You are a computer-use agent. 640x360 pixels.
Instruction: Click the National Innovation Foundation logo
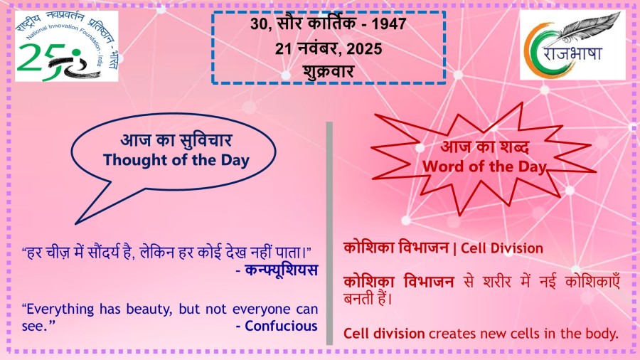(x=67, y=46)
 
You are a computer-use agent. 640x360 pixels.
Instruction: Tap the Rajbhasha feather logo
(x=572, y=45)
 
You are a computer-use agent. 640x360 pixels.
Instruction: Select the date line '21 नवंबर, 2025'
(x=329, y=49)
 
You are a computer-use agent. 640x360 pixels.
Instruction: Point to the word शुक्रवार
(x=329, y=71)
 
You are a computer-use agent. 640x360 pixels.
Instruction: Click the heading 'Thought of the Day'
(x=176, y=160)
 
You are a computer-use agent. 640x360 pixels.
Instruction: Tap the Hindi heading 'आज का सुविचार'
(x=176, y=140)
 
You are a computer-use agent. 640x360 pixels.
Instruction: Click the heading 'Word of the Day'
(x=484, y=166)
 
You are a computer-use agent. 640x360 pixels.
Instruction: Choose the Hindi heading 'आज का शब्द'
(x=485, y=147)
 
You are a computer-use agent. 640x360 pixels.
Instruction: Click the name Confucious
(x=281, y=326)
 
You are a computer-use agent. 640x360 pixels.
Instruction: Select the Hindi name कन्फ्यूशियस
(x=281, y=270)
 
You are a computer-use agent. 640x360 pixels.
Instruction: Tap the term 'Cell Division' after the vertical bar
(x=501, y=248)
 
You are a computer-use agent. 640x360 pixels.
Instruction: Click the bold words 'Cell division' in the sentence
(x=384, y=334)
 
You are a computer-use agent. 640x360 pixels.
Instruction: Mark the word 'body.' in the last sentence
(x=602, y=334)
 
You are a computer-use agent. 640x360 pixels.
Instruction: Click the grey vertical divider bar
(x=329, y=233)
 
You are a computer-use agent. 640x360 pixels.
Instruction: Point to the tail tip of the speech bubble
(x=76, y=223)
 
